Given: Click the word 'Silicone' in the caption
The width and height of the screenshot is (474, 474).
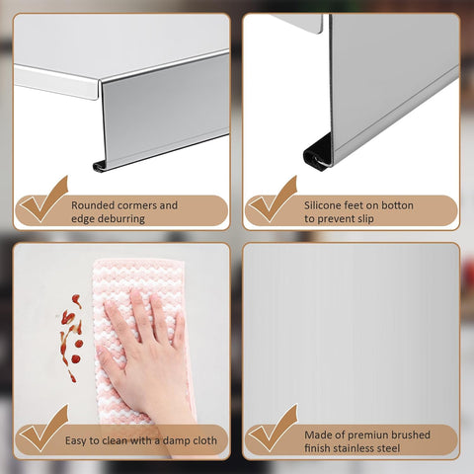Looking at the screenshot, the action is (323, 205).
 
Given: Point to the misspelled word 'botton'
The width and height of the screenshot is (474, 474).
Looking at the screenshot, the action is (398, 205).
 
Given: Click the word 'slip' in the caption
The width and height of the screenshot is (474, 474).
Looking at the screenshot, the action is (365, 219).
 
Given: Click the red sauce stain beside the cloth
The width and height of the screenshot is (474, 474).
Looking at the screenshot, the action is (72, 338).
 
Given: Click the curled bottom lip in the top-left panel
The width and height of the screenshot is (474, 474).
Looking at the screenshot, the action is (100, 166).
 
